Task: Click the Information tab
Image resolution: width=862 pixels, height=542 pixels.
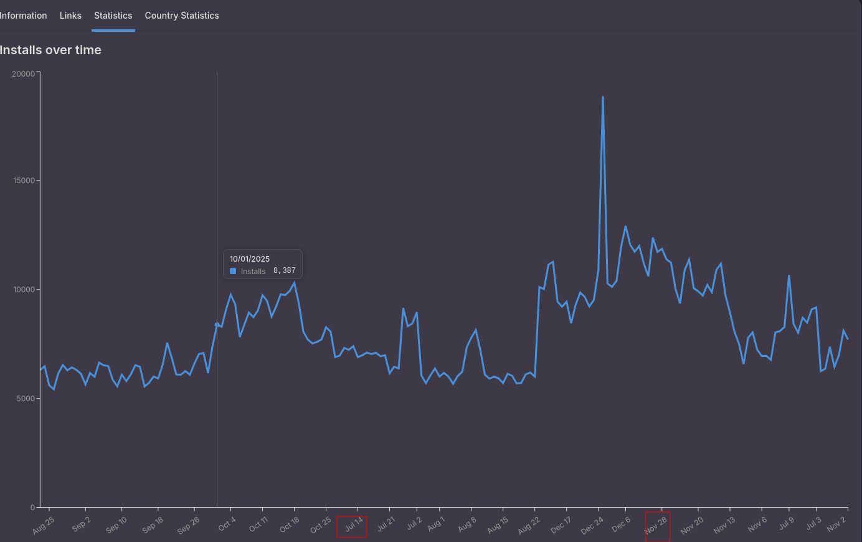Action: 23,16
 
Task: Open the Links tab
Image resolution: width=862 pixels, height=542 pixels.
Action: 70,16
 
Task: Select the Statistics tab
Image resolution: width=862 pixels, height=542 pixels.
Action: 113,16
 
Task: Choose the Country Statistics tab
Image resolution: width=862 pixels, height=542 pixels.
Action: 182,16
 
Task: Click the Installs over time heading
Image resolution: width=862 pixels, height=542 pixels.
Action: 50,50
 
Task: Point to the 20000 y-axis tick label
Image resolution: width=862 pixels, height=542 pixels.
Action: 24,74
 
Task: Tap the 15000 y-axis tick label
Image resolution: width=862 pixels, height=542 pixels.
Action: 24,181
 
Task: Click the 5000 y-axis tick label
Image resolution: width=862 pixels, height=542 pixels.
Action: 26,399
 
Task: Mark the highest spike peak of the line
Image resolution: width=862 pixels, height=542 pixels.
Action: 603,97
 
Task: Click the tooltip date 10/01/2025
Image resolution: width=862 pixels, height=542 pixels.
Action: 250,259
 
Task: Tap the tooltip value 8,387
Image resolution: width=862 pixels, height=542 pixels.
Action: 285,270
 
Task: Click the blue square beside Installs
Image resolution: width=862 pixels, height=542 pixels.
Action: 233,271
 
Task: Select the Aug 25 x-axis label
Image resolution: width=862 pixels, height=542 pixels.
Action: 44,525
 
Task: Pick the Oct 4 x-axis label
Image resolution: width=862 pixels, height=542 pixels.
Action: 227,524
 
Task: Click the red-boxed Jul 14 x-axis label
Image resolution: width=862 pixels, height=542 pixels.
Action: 354,525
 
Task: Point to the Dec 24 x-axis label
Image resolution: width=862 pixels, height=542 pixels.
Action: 592,526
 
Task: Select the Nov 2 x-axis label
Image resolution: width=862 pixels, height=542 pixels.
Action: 836,524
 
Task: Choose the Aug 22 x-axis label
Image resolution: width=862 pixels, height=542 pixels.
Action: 529,526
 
